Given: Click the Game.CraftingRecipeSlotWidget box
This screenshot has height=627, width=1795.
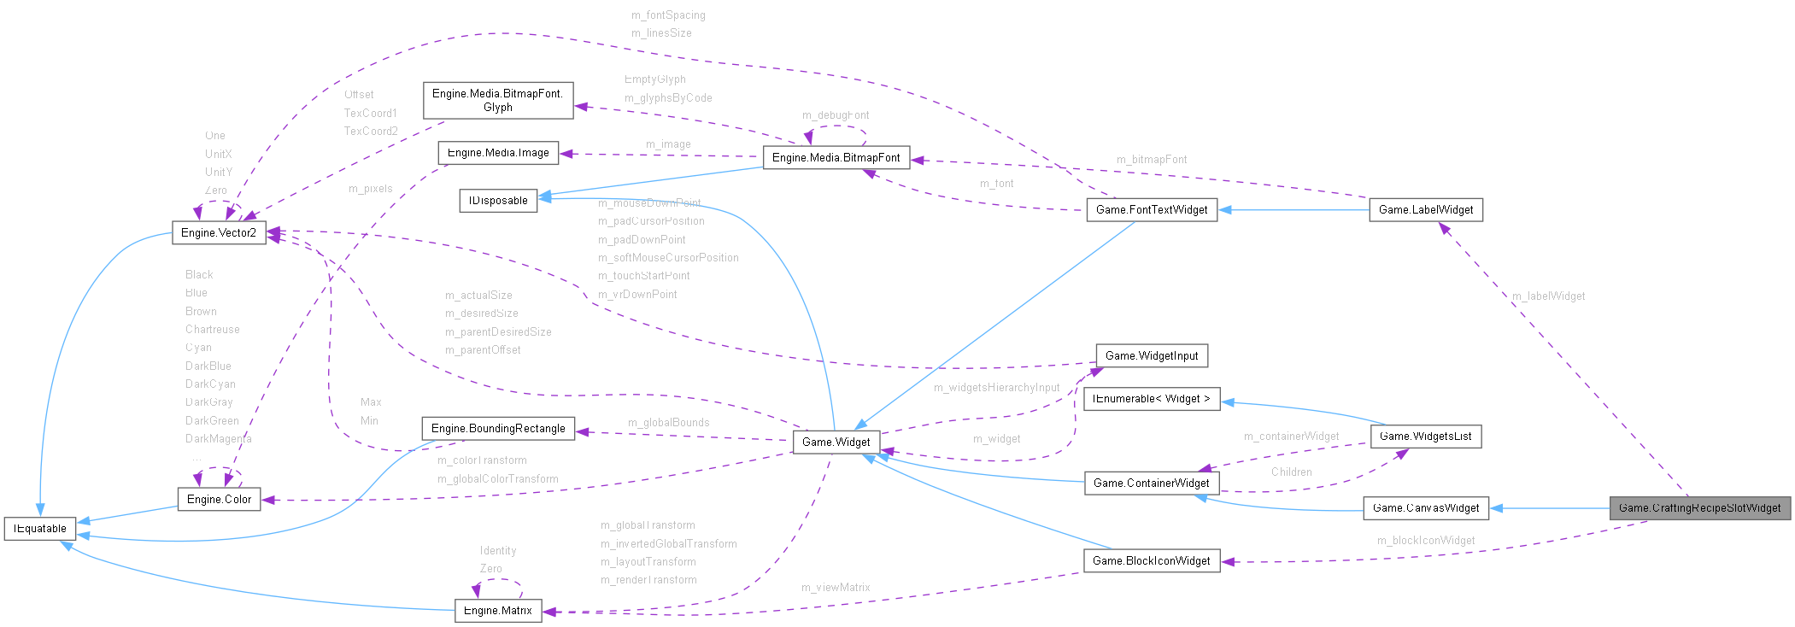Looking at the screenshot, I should click(1699, 508).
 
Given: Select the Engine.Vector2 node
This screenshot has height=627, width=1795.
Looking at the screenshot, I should click(219, 232).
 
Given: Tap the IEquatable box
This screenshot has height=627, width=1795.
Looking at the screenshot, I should click(40, 529).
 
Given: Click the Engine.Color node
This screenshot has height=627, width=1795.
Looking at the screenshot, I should click(219, 500).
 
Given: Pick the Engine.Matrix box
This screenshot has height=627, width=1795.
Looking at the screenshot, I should click(497, 611).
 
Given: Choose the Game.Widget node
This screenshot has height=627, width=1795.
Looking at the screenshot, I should click(836, 442).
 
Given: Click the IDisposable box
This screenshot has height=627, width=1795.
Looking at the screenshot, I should click(498, 201).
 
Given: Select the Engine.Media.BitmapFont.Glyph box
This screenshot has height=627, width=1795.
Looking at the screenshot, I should click(497, 101).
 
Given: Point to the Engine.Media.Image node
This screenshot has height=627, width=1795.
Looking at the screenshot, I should click(498, 153).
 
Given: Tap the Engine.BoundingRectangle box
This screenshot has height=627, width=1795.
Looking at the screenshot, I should click(498, 429).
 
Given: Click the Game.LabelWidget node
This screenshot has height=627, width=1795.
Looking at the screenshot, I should click(1425, 210).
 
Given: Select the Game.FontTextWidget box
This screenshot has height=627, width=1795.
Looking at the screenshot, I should click(1152, 210).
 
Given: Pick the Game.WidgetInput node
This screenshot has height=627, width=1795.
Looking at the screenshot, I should click(1152, 356).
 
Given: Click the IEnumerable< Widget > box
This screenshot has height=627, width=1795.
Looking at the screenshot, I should click(1151, 399).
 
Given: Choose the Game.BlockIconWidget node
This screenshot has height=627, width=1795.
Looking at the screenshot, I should click(1151, 561).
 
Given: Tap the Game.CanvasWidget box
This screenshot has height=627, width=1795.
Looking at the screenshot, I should click(1425, 508).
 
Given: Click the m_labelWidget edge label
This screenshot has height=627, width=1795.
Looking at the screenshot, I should click(1548, 296).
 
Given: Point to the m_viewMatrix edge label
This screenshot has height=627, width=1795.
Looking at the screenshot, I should click(836, 588).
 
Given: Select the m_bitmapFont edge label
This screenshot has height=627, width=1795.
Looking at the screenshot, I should click(1151, 160).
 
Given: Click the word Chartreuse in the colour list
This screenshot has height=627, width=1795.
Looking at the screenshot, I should click(213, 330).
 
